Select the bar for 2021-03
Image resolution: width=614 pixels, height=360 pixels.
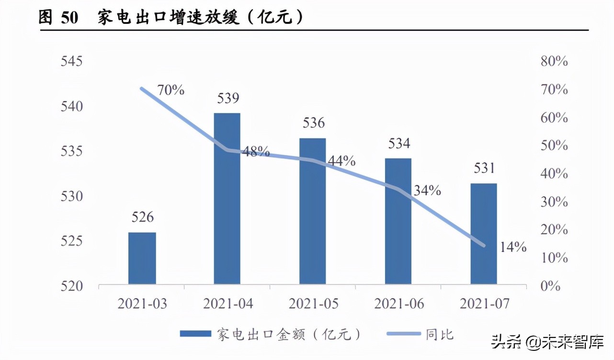pyautogui.click(x=142, y=259)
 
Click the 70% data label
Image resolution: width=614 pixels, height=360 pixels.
pyautogui.click(x=171, y=90)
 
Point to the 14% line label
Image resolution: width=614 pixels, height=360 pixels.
pyautogui.click(x=513, y=247)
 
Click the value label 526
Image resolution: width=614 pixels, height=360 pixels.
pyautogui.click(x=142, y=217)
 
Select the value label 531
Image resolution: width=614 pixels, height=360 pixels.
pyautogui.click(x=483, y=169)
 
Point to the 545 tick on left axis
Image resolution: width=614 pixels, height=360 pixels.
pyautogui.click(x=71, y=61)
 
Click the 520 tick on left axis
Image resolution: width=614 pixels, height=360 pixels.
pyautogui.click(x=71, y=286)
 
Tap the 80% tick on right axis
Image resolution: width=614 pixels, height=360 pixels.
pyautogui.click(x=554, y=61)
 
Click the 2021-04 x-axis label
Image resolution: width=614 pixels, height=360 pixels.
pyautogui.click(x=227, y=304)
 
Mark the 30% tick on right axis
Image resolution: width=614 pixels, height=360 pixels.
pyautogui.click(x=554, y=202)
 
